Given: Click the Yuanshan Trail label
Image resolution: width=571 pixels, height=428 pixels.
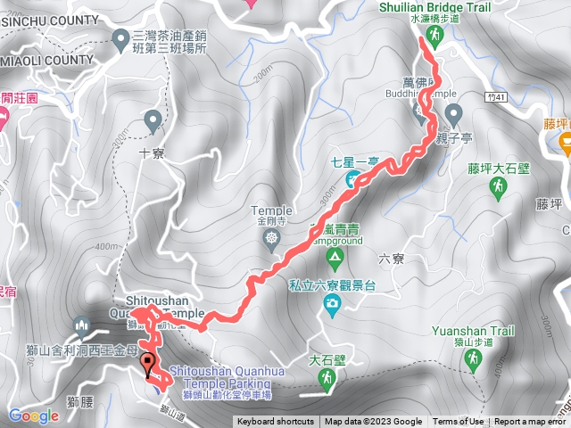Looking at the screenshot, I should [473, 331].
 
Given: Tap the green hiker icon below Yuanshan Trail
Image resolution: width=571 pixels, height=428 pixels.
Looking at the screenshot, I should [473, 358].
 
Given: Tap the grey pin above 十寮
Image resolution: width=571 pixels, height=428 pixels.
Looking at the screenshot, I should [153, 119].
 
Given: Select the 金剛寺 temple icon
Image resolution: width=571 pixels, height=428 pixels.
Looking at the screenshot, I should [271, 238].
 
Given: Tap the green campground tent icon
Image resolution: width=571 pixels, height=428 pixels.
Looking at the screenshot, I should [335, 259].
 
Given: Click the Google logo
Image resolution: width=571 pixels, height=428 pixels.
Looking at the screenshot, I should [34, 416].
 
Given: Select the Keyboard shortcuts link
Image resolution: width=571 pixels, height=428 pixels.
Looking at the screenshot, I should [275, 422].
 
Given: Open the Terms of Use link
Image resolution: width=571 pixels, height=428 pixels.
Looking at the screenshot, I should [459, 422].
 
